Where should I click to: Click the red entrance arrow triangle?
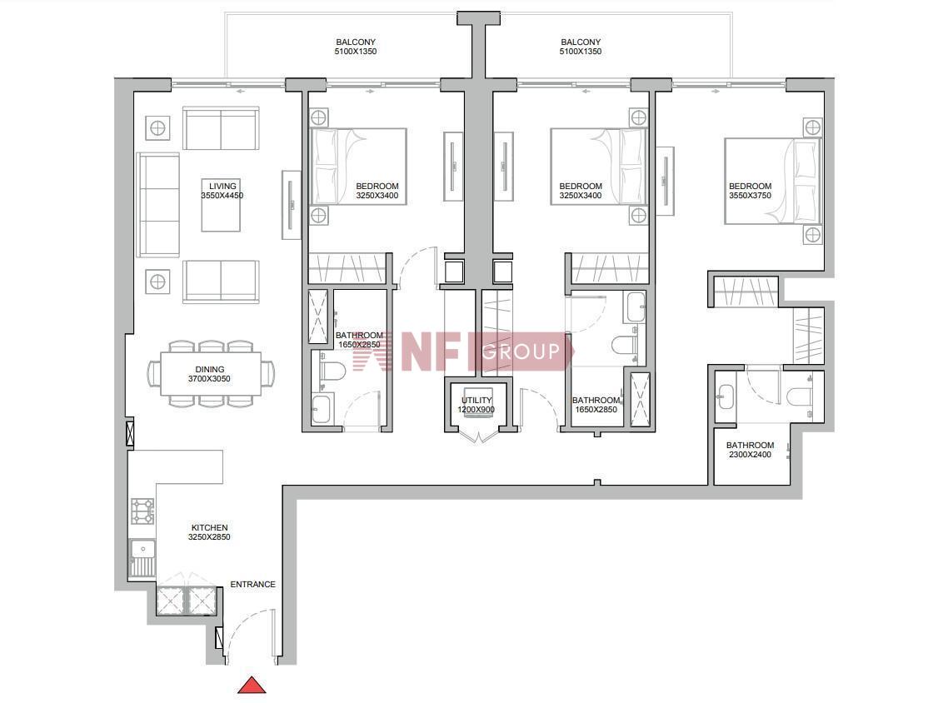[252, 686]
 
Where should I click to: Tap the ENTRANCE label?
[252, 584]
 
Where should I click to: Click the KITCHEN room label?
[210, 527]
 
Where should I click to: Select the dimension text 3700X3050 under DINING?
[210, 379]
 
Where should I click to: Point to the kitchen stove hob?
[142, 511]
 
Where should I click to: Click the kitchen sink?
[142, 558]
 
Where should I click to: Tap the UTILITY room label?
[476, 400]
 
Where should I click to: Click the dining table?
[210, 374]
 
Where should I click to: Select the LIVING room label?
[222, 186]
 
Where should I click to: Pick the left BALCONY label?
[356, 42]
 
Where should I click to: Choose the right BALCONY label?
[581, 42]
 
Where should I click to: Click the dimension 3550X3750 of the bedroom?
[750, 195]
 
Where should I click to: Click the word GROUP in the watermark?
[521, 351]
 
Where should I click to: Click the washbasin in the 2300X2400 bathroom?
[726, 393]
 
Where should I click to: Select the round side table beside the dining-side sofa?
[157, 282]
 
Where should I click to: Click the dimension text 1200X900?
[476, 410]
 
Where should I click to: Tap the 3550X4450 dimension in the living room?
[222, 195]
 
